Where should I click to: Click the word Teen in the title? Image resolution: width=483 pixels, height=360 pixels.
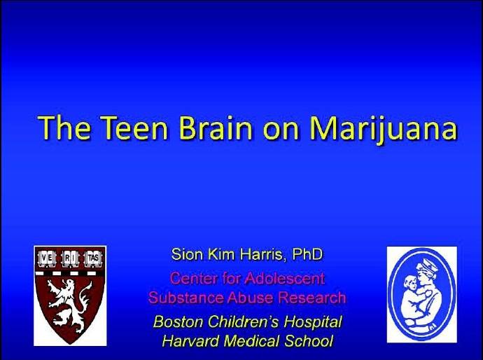[x=134, y=127]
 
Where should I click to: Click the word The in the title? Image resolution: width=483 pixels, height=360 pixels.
[x=64, y=127]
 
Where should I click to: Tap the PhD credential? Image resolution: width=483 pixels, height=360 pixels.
[x=307, y=254]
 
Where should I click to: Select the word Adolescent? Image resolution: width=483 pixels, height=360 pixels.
[x=285, y=278]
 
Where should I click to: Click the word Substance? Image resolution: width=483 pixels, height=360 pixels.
[x=185, y=298]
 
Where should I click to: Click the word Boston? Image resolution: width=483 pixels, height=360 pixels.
[x=178, y=321]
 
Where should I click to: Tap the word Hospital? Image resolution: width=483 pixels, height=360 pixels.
[x=313, y=322]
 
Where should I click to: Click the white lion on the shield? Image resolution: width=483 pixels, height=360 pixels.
[x=69, y=305]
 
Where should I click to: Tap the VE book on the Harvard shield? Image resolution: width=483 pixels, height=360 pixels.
[x=47, y=259]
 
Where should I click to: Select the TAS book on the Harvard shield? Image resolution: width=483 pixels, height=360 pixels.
[x=93, y=259]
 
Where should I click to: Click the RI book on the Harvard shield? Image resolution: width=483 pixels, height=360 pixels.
[x=70, y=259]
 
